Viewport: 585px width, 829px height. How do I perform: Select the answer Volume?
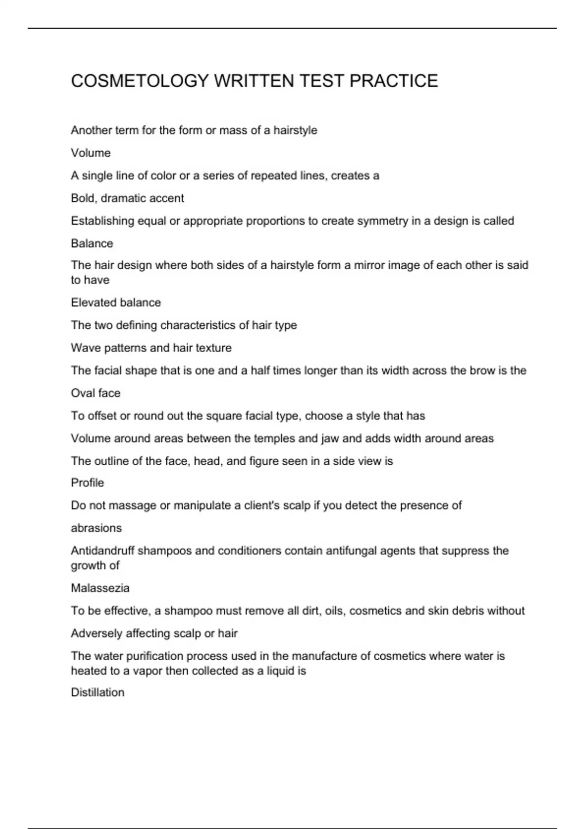[91, 153]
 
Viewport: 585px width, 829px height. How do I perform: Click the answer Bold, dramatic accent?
[127, 198]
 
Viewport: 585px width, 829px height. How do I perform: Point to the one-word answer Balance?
[92, 243]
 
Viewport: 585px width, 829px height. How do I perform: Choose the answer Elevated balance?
[116, 303]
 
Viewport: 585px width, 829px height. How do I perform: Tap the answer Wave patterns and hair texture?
[151, 348]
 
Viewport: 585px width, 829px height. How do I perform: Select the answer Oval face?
[96, 393]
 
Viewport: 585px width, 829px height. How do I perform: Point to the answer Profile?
[87, 483]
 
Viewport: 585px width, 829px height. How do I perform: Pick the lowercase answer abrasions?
[96, 528]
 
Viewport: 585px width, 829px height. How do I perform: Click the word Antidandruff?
[102, 551]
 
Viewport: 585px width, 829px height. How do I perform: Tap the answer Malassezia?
[100, 588]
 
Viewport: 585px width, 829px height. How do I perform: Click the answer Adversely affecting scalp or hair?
[154, 633]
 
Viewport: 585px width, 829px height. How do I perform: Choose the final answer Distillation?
[97, 692]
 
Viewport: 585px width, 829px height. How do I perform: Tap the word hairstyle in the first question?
[295, 131]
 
